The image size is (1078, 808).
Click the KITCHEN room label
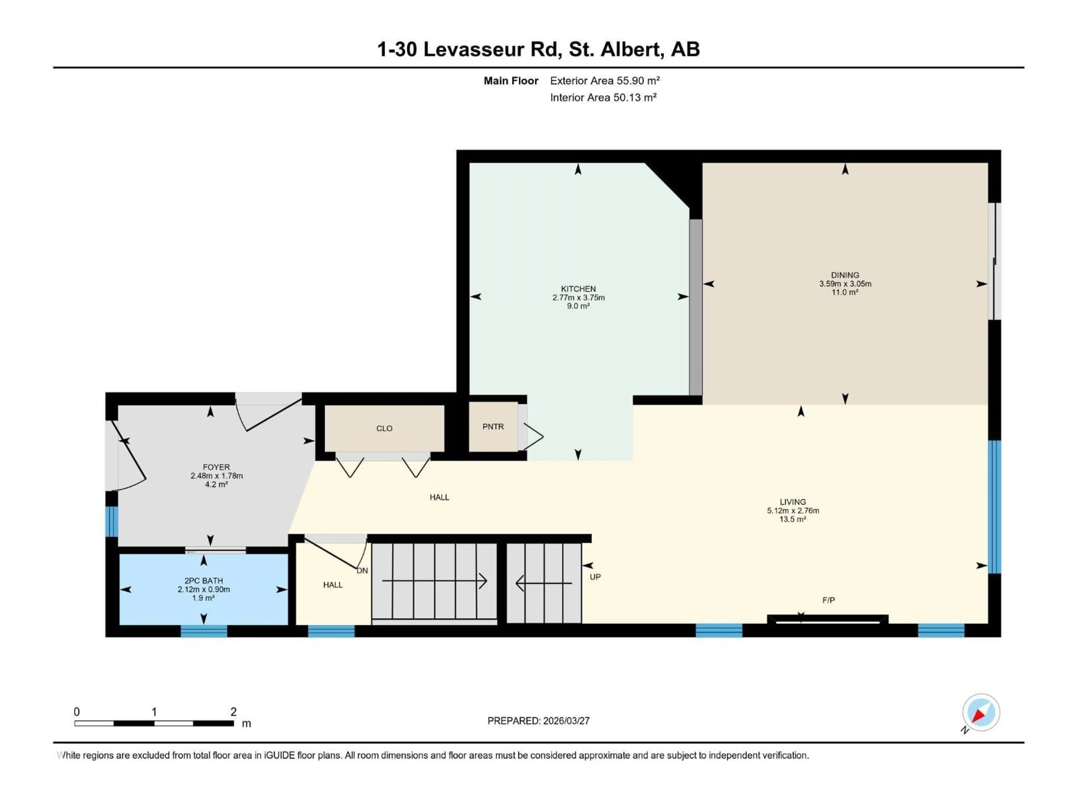pos(578,289)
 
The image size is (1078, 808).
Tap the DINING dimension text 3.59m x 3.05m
pos(845,283)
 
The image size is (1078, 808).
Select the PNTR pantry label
pos(493,427)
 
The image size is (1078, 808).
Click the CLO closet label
pos(384,429)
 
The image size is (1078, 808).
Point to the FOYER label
pos(216,467)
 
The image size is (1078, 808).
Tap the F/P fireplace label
pos(828,600)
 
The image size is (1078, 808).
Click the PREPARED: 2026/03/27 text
pos(538,721)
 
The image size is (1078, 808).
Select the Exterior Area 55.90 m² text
pos(604,81)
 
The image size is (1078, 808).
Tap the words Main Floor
pos(510,81)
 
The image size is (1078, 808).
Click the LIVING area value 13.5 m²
pos(792,519)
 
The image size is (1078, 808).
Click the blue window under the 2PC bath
pos(204,631)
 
